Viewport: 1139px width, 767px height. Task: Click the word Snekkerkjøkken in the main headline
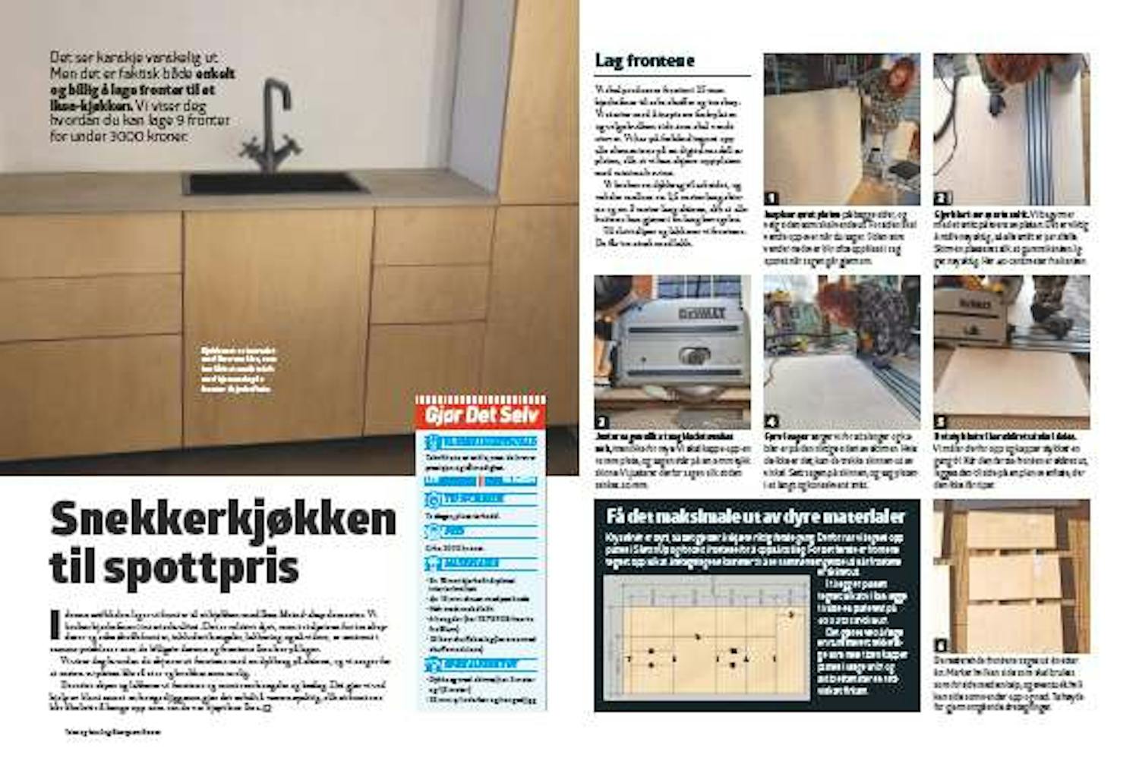tap(223, 520)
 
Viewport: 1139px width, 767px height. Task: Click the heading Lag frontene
tap(645, 61)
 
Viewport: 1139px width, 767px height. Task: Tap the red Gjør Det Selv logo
tap(481, 415)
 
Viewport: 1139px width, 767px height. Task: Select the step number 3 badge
tap(602, 422)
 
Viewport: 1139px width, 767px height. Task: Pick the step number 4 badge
tap(771, 422)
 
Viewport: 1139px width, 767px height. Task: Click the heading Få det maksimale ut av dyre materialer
tap(756, 517)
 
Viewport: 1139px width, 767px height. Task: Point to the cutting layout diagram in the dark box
tap(706, 637)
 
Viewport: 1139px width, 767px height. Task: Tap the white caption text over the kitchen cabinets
tap(240, 370)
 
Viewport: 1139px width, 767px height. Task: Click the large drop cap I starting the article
tap(54, 625)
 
